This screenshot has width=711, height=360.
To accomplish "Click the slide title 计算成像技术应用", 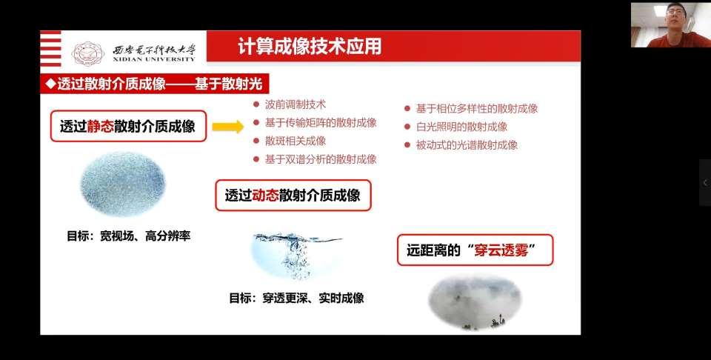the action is [310, 47].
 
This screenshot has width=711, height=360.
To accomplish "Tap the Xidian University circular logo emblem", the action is [88, 54].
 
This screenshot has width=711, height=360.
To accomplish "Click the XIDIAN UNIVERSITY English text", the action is [155, 59].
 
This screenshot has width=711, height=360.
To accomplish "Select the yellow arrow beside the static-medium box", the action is [228, 127].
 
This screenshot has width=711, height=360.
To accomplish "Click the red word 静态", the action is [100, 126].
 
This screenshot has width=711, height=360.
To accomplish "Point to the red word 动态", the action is [265, 196].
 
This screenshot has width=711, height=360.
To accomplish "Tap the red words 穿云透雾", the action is [501, 250].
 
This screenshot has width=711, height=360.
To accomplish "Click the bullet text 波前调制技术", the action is [296, 104].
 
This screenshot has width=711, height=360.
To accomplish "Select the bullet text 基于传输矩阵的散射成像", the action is [321, 123].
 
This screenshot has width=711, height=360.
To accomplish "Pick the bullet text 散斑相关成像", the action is [296, 141].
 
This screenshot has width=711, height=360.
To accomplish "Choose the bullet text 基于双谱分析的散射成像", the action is [321, 159].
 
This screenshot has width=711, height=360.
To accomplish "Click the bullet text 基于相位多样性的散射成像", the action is [477, 109].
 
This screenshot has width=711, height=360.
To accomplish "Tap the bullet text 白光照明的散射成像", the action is [461, 127].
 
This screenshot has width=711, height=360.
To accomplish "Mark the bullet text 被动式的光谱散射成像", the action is [467, 145].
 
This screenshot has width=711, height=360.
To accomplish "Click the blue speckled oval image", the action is [123, 184].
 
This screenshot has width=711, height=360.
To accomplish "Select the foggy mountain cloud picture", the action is [475, 301].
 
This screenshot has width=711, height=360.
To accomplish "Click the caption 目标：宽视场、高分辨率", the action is [129, 236].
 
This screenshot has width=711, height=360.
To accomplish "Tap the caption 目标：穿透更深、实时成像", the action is [296, 299].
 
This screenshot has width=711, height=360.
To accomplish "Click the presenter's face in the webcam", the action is [675, 17].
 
